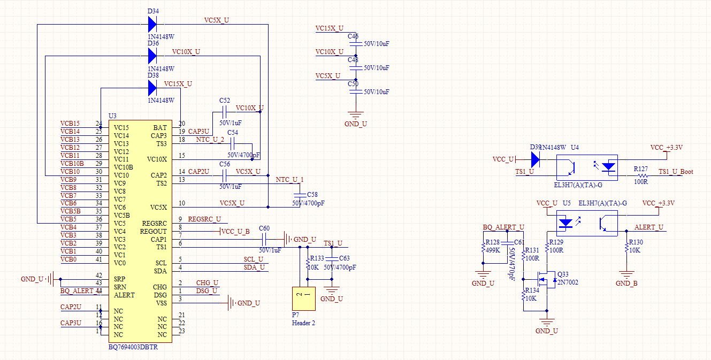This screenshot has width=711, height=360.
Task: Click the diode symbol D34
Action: [152, 24]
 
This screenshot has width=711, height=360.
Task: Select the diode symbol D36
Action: [152, 55]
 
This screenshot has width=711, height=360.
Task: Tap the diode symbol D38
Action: [152, 88]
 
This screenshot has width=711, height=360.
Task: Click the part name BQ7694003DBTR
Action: [133, 347]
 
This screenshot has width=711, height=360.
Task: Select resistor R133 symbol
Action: [307, 265]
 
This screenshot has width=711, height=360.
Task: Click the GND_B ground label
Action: [626, 284]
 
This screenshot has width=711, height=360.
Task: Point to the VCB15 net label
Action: [70, 124]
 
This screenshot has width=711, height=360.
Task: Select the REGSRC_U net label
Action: [204, 219]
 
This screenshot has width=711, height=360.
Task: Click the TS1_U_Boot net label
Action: [676, 172]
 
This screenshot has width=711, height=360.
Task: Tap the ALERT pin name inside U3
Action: [124, 295]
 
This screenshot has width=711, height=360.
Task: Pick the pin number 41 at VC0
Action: [98, 259]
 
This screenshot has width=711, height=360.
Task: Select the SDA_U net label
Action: [254, 267]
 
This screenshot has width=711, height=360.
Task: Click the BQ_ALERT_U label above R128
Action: [503, 227]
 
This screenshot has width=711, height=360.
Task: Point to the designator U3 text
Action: [112, 116]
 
